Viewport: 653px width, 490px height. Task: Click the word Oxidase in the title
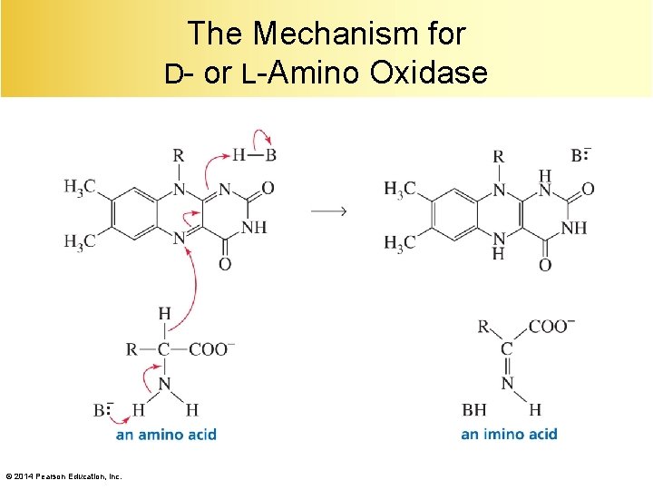pos(428,72)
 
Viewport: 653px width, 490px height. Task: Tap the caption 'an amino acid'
pos(166,435)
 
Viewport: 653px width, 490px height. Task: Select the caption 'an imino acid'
pos(509,435)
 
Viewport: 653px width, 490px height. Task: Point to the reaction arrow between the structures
pos(328,211)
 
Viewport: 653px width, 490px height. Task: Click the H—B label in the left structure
pos(254,155)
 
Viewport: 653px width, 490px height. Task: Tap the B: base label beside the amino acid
pos(102,410)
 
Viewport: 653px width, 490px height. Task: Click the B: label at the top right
pos(581,155)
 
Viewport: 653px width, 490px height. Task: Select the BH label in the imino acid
pos(473,410)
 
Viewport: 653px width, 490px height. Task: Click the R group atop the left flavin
pos(179,156)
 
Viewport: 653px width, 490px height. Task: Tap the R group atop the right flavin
pos(498,156)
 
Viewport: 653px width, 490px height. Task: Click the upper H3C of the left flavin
pos(79,187)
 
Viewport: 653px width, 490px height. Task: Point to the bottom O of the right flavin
pos(544,265)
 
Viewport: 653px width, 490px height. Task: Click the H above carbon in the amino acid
pos(164,314)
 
